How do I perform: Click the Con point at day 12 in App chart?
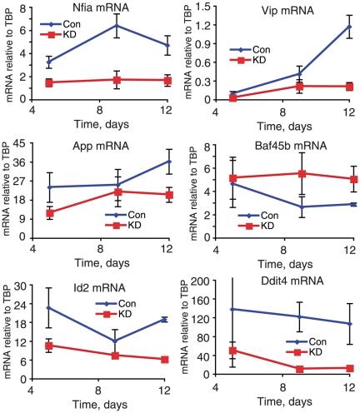point(168,162)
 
